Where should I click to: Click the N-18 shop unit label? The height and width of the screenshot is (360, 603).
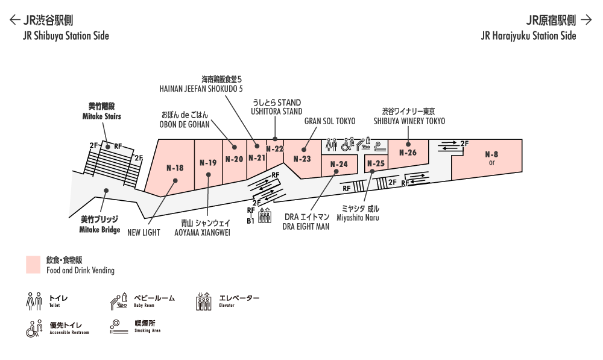(175, 168)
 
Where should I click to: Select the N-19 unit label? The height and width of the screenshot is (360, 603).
(208, 163)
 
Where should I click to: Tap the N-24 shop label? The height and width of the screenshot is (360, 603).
(339, 164)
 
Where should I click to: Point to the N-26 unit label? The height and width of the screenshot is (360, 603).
(408, 153)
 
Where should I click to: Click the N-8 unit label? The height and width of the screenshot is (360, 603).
(491, 154)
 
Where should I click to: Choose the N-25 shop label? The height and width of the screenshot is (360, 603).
(376, 163)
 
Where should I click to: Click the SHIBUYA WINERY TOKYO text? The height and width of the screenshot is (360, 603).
(409, 121)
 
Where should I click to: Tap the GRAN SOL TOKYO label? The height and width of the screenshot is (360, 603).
(330, 121)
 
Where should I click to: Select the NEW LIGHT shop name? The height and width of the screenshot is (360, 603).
(144, 233)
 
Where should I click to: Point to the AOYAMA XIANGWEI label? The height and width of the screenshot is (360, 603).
(202, 233)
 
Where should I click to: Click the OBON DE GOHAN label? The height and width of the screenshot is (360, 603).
(185, 125)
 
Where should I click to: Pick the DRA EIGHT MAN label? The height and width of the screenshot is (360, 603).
(306, 227)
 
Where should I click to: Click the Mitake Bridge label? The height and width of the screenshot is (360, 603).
(99, 230)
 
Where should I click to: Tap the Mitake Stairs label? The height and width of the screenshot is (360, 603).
(101, 116)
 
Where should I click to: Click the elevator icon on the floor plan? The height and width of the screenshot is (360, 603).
(265, 215)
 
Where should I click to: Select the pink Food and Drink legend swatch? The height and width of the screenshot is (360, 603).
(33, 265)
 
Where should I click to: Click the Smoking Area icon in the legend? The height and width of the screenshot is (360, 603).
(119, 327)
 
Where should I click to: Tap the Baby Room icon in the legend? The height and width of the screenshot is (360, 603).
(119, 301)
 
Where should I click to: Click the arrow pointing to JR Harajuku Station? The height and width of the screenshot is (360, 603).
(587, 20)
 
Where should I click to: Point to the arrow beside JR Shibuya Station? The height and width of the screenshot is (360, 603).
(14, 20)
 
